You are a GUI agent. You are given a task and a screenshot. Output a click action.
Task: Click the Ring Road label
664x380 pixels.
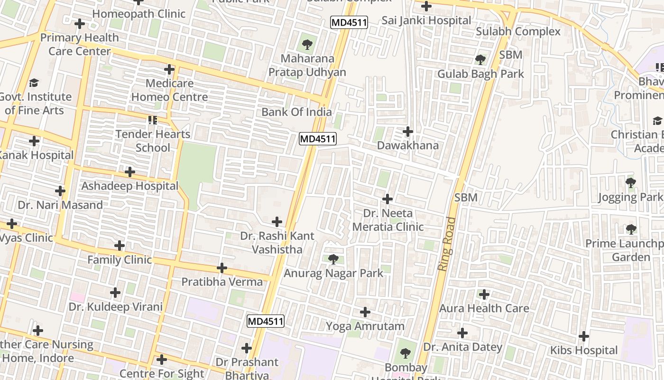point(446,244)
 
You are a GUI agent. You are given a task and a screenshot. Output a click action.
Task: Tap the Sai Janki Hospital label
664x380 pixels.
point(426,20)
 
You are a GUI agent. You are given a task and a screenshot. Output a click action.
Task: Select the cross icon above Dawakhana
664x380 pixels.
point(407,132)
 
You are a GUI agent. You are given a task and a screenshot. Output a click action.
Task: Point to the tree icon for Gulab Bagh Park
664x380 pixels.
point(480,60)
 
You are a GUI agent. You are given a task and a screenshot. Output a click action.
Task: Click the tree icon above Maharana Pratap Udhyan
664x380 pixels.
point(307,45)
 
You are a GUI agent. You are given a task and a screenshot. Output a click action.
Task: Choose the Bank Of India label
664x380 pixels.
point(296,112)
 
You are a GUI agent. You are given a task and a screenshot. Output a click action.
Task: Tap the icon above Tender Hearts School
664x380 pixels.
point(152,120)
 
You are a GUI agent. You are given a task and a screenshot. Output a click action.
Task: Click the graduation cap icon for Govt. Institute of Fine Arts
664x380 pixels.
point(34,83)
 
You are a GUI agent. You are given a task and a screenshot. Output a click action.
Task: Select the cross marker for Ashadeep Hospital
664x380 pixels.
point(129,172)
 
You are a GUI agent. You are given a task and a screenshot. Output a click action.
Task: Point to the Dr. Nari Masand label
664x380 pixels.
point(60,205)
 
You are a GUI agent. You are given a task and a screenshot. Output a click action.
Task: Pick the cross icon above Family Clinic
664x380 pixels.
point(120,246)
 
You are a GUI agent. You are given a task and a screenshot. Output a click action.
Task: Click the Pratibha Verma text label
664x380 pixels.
point(222,282)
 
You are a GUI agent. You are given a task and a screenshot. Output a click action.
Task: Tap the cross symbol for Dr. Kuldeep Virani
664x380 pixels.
point(115,293)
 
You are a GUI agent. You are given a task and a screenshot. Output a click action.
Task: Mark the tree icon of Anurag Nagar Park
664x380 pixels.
point(333,259)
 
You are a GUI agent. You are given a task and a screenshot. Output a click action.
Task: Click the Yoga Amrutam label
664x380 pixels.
point(365,326)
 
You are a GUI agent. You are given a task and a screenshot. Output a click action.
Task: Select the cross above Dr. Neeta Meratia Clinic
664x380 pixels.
point(387,199)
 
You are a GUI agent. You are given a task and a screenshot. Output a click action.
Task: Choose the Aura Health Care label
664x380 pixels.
point(484,308)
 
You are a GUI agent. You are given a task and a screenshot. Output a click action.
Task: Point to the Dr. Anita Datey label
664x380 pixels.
point(462,347)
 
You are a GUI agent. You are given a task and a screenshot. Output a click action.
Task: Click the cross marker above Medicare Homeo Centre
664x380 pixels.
point(169,70)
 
